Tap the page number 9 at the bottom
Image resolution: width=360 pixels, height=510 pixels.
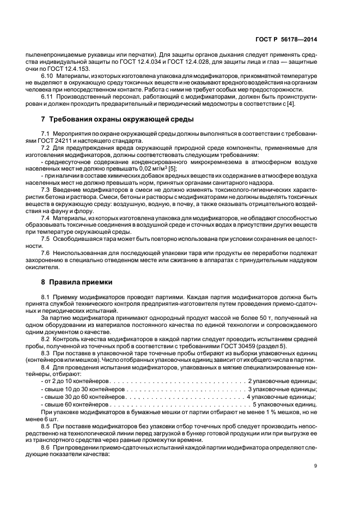tap(317, 465)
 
